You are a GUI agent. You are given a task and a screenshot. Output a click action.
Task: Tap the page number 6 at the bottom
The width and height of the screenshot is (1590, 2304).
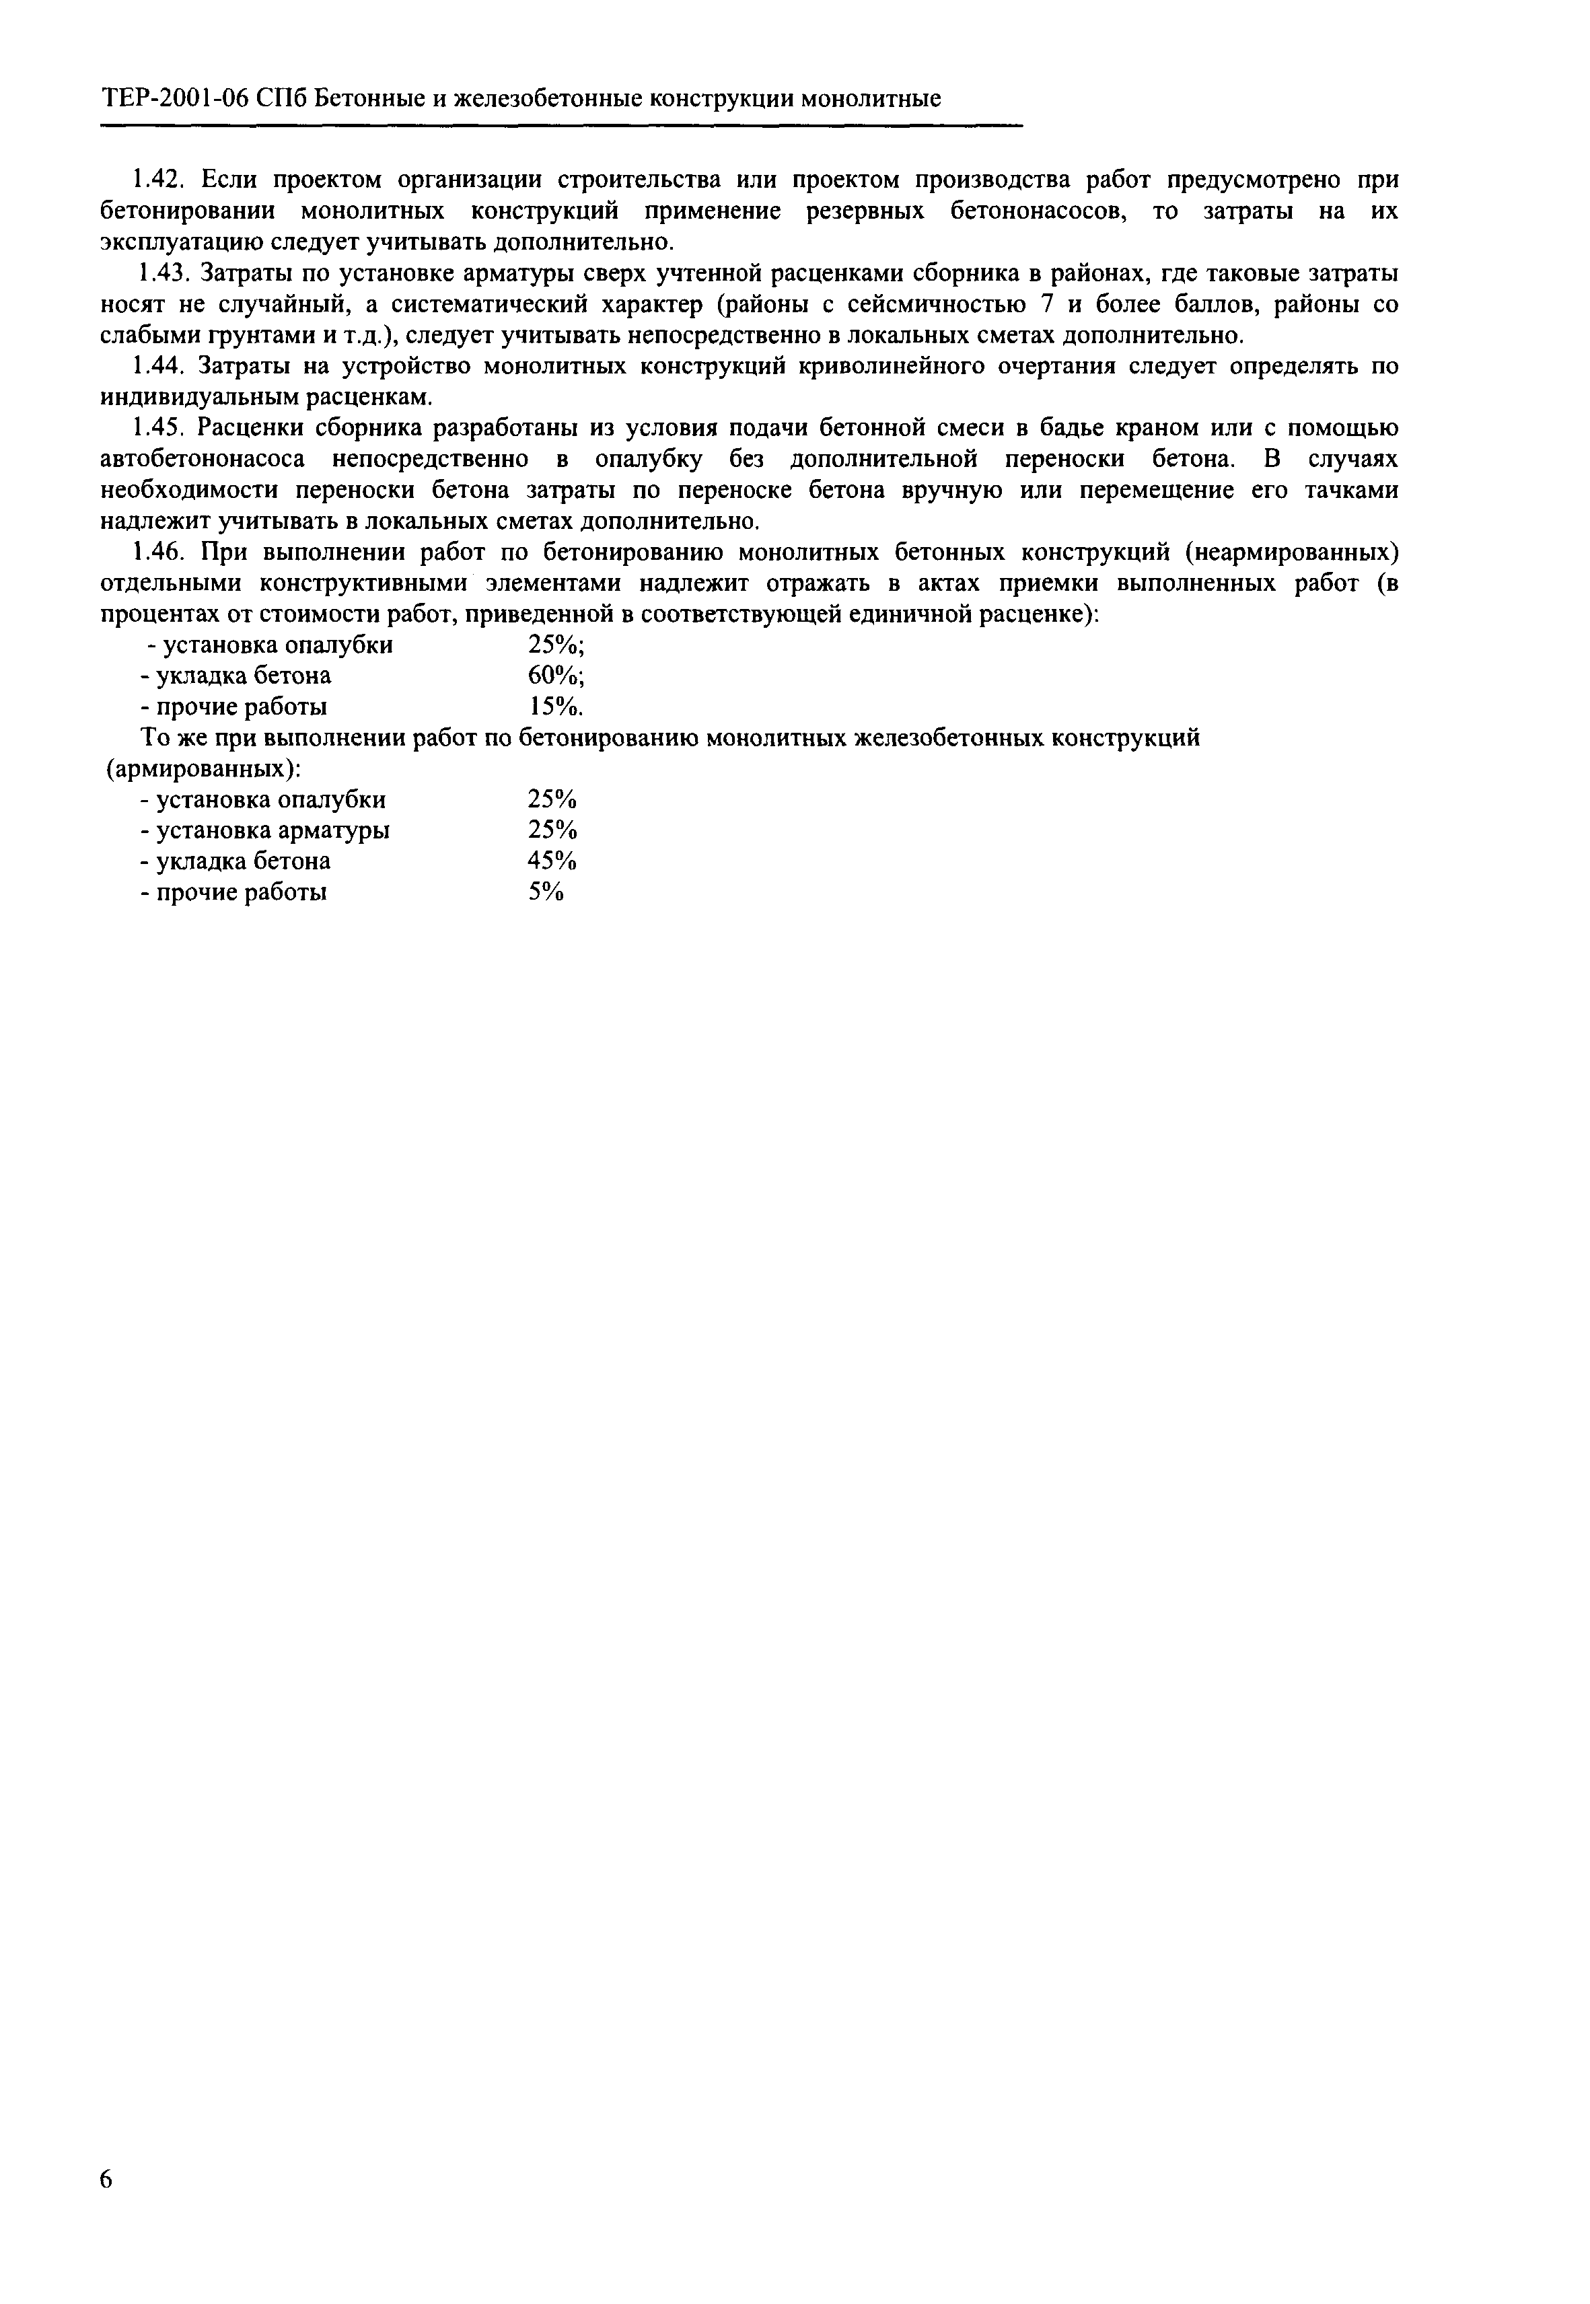[106, 2177]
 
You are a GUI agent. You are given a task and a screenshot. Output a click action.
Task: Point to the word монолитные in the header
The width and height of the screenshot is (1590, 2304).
[872, 99]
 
